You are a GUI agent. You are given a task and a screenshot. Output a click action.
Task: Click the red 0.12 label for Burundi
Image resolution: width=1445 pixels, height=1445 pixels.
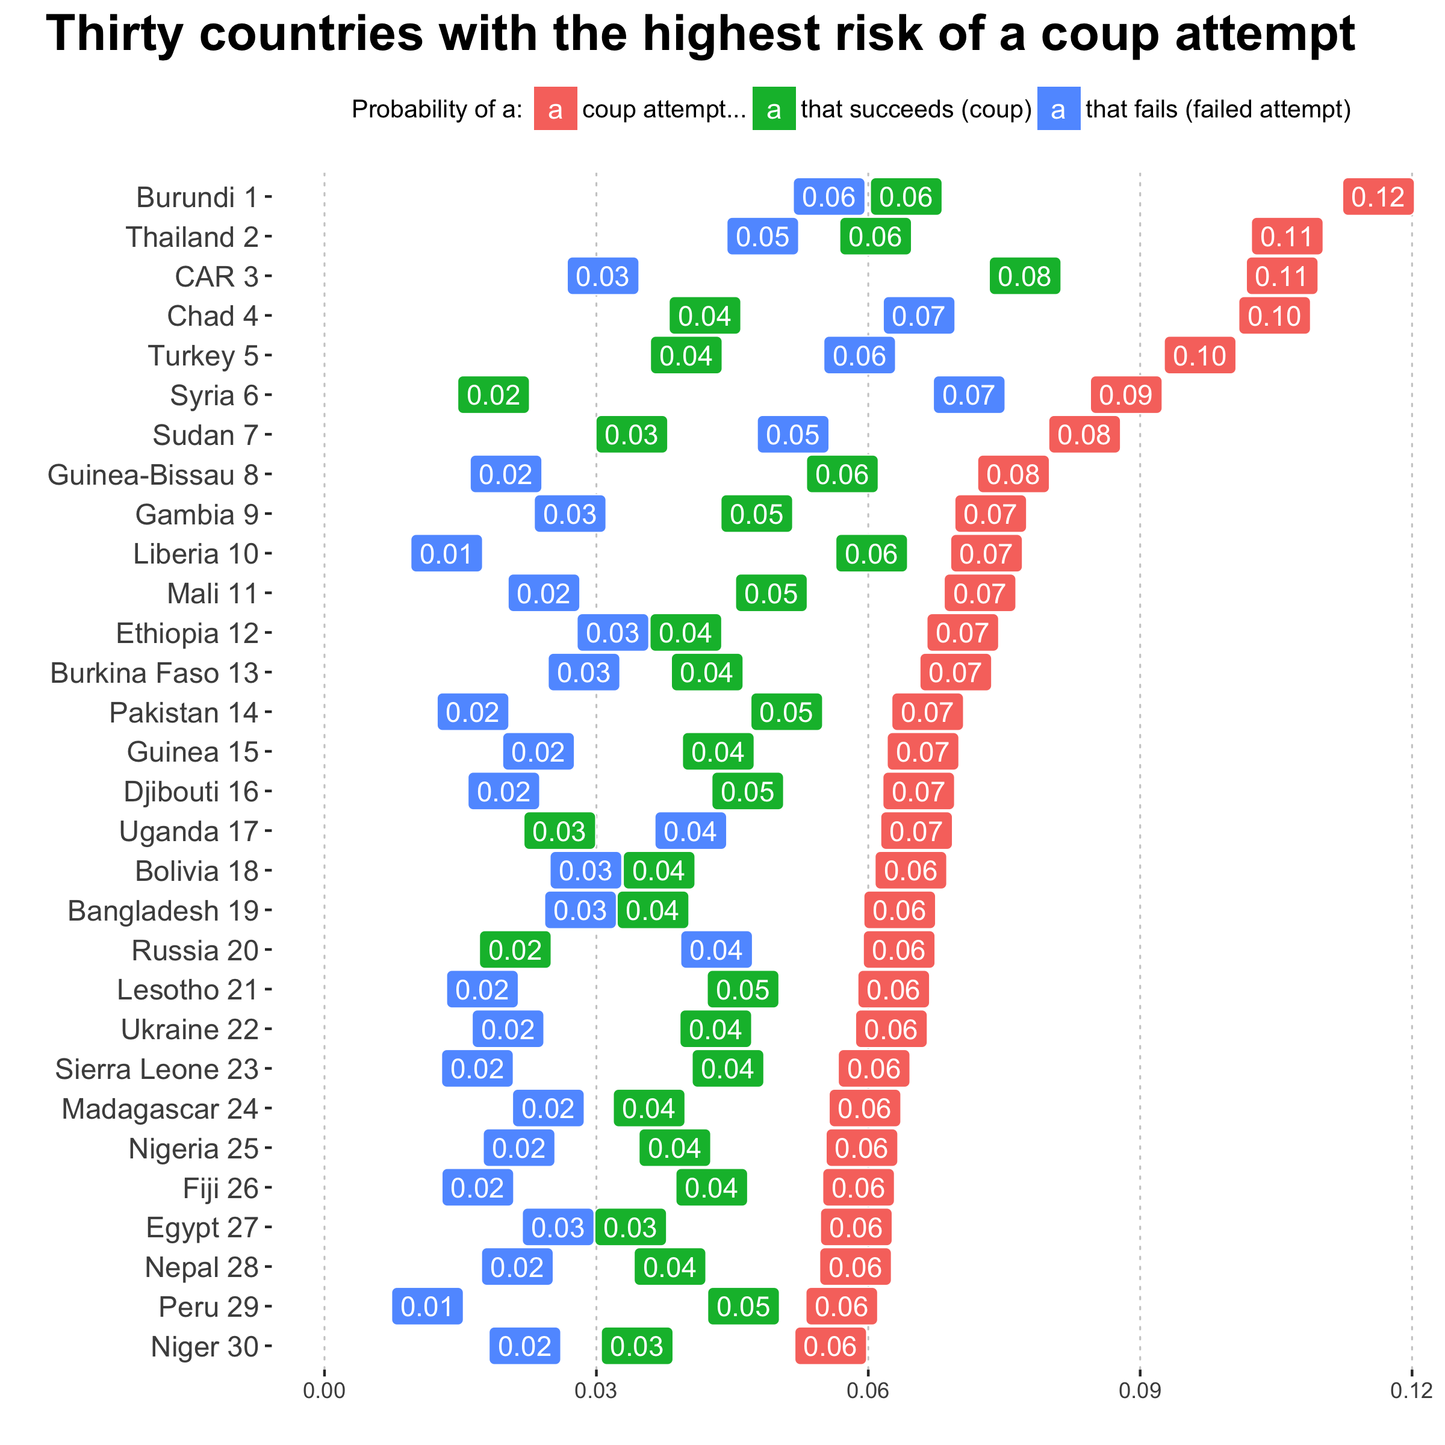(1378, 197)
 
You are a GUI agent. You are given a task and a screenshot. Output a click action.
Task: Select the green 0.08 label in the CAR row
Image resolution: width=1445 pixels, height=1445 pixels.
(1024, 277)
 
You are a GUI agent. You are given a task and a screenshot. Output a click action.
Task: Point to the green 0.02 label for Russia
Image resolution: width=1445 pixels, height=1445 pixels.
(515, 951)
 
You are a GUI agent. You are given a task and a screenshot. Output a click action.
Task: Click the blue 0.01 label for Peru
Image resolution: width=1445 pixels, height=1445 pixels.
(427, 1307)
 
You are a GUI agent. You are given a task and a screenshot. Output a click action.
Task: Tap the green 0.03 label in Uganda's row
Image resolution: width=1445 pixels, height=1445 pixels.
(559, 831)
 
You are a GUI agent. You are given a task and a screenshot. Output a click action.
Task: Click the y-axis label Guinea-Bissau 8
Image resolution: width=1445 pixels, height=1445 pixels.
(152, 475)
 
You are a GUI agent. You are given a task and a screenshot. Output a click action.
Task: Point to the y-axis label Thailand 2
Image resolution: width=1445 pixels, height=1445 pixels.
(191, 237)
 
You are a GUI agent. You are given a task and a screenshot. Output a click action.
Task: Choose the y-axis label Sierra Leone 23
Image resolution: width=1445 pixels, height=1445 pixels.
(157, 1069)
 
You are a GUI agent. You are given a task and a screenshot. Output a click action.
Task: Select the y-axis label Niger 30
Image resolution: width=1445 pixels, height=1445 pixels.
(204, 1346)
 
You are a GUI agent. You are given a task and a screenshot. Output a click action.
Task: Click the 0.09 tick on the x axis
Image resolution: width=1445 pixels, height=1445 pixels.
(1139, 1391)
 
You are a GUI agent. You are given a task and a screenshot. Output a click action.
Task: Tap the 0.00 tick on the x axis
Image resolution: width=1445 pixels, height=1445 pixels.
(324, 1391)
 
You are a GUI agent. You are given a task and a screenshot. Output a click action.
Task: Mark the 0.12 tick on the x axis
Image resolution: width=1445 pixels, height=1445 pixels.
(1411, 1391)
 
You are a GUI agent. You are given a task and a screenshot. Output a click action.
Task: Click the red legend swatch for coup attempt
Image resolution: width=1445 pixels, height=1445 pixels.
(555, 109)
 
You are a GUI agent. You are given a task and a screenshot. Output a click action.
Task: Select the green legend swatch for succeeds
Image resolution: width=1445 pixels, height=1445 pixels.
(773, 109)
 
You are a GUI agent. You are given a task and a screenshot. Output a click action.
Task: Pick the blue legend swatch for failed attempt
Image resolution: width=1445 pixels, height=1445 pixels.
(1058, 109)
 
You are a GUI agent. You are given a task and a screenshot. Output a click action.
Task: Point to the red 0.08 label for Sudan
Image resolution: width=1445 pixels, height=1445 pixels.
(1084, 435)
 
